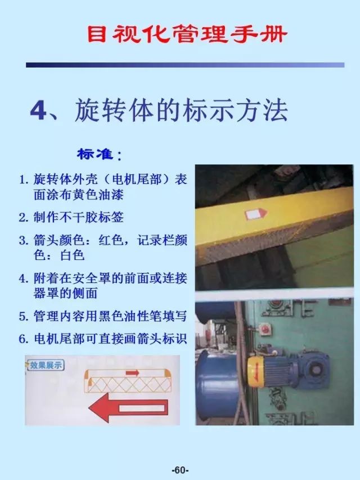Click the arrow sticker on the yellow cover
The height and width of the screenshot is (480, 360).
(x=256, y=214)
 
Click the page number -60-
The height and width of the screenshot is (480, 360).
(x=180, y=470)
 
